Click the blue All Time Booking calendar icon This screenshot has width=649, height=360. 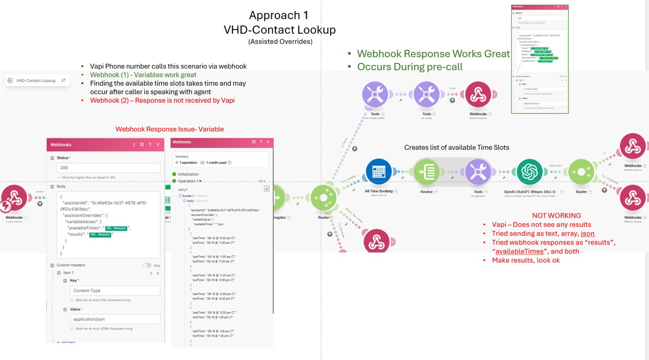[379, 172]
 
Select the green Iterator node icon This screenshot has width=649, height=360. [426, 172]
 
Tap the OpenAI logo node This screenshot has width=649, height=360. [530, 172]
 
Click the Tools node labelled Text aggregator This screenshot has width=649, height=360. [478, 172]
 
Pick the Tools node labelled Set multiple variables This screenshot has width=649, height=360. [375, 94]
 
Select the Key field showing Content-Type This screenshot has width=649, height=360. [115, 291]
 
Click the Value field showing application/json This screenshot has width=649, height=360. [115, 319]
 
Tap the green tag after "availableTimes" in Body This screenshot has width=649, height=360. [116, 228]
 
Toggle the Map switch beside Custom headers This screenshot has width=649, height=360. [148, 265]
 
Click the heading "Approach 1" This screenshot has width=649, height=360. [279, 15]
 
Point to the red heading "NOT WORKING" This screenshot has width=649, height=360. [557, 215]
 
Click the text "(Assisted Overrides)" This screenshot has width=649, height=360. [280, 42]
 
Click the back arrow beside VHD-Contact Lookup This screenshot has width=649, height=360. [10, 80]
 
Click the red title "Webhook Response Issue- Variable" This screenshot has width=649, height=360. [169, 129]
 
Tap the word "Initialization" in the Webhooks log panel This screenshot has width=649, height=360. [188, 174]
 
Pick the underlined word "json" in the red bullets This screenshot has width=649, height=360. [588, 233]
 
